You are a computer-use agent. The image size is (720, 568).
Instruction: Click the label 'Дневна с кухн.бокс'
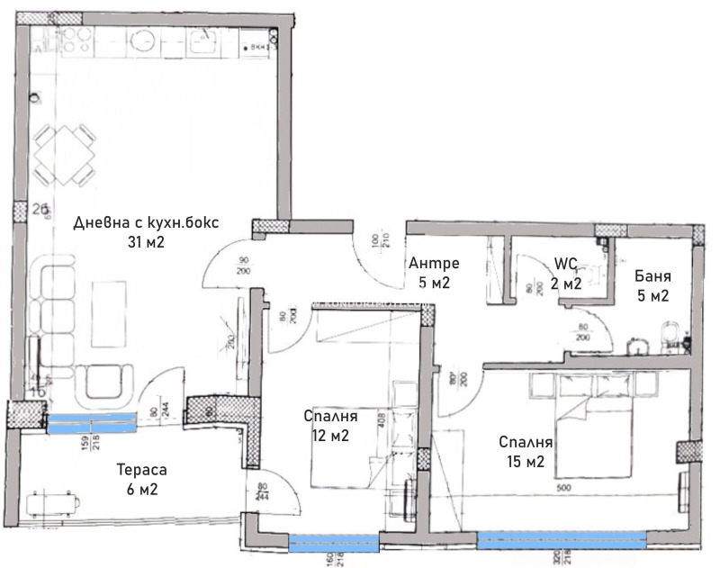146,223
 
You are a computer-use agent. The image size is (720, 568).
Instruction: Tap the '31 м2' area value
146,241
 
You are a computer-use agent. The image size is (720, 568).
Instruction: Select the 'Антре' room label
434,264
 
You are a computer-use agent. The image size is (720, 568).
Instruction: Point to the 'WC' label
565,264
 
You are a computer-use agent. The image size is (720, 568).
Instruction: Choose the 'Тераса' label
142,470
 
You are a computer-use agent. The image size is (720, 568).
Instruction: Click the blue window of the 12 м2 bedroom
333,541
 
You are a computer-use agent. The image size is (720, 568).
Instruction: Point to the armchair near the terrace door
107,384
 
